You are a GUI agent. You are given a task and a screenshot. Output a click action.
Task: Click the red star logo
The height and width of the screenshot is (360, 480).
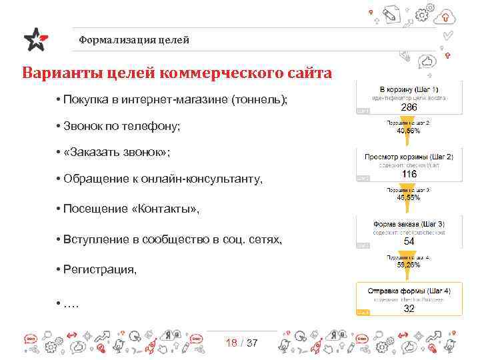35,39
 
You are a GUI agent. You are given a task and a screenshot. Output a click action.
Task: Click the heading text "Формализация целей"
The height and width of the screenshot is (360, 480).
133,40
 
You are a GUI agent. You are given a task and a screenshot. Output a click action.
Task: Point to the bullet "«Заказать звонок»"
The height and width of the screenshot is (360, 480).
117,152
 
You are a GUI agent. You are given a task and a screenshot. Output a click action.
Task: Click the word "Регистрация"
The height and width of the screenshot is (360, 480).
100,269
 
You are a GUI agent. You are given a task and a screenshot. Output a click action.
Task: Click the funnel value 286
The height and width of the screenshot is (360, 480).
409,107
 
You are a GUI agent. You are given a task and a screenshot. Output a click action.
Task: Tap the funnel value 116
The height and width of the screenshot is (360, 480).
409,174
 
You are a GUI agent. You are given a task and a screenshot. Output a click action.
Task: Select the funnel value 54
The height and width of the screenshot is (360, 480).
409,241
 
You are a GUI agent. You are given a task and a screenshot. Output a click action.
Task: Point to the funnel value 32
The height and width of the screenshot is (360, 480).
409,308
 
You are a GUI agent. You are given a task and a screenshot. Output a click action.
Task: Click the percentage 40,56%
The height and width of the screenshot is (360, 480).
409,131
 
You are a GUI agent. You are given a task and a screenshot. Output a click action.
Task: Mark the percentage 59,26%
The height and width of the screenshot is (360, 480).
409,265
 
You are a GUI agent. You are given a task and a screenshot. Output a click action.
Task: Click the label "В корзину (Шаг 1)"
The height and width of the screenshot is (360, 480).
409,89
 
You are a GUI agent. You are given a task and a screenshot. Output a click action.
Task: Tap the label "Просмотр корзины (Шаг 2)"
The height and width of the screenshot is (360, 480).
409,157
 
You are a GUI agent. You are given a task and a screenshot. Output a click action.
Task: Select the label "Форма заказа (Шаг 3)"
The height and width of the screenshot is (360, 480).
409,223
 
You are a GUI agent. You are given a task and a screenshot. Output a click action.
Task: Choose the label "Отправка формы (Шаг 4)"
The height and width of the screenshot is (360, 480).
409,291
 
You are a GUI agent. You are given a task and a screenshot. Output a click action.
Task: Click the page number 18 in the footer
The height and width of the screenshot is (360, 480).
231,343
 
